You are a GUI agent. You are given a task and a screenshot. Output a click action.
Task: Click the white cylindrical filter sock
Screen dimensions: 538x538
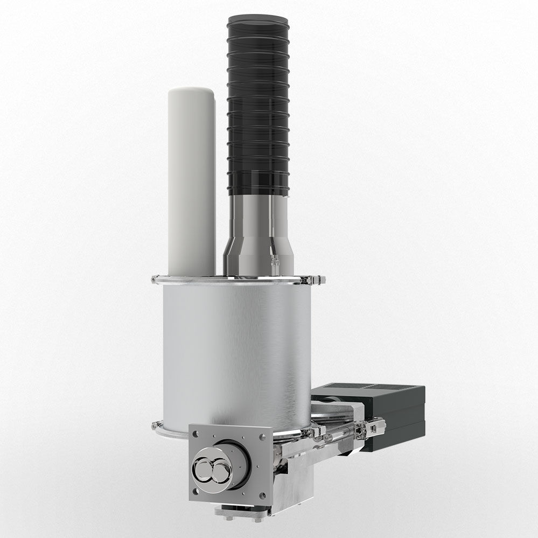click(191, 183)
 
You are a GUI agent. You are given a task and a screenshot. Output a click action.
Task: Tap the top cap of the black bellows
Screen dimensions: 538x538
click(257, 23)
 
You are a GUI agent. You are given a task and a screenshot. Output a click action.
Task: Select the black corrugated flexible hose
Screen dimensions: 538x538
click(257, 108)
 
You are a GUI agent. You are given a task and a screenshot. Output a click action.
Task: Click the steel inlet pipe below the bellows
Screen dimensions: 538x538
click(257, 215)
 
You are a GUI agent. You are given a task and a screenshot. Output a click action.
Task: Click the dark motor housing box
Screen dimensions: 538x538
click(393, 415)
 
